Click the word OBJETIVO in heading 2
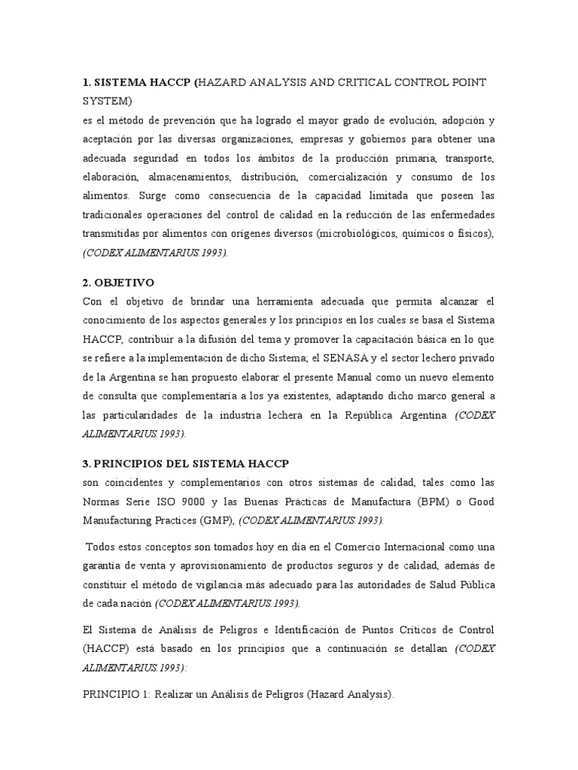click(x=125, y=283)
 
